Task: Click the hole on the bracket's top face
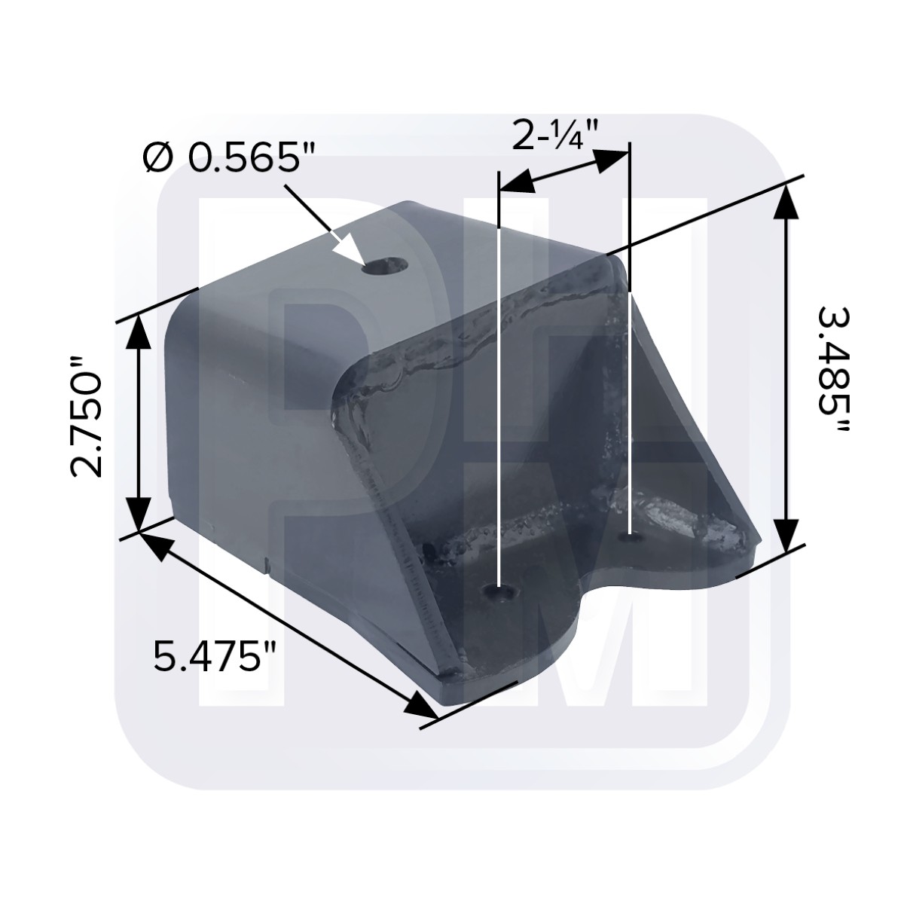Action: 385,266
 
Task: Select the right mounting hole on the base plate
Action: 631,537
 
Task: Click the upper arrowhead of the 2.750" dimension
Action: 138,331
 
